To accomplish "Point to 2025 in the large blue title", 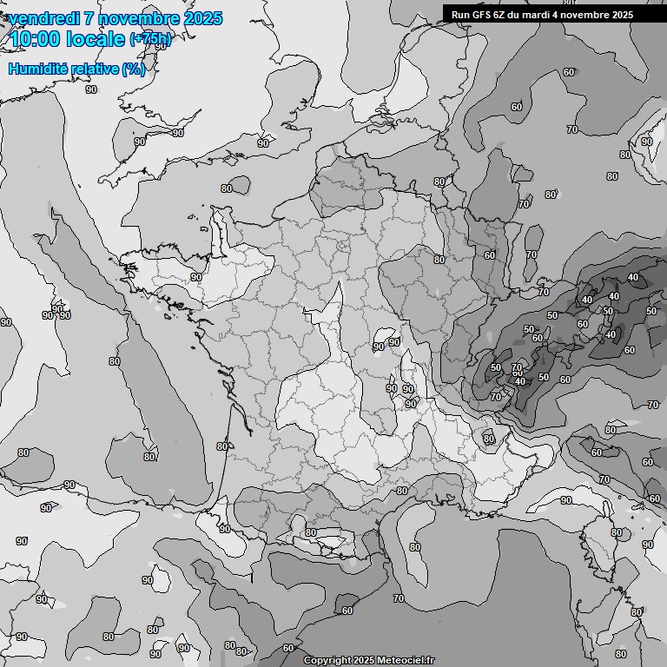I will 203,18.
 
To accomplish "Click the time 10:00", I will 34,39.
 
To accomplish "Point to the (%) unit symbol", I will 134,69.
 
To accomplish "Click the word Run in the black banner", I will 460,14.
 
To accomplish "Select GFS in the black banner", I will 482,14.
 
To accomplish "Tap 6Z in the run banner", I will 502,14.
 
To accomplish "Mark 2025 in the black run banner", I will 623,14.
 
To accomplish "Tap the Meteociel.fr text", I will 406,660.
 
